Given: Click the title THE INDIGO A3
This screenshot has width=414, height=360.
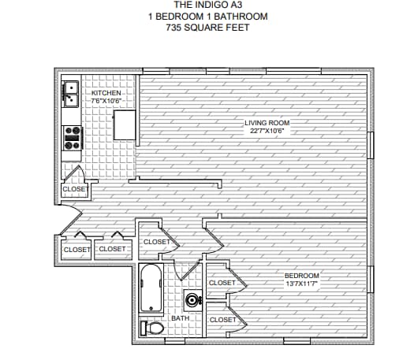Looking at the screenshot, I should coord(207,5).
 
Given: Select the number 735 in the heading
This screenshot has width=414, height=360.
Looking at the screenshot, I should coord(174,27).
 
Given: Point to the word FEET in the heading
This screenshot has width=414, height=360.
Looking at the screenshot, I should coord(237,27).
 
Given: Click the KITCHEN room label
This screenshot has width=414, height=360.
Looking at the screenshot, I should coord(106,93).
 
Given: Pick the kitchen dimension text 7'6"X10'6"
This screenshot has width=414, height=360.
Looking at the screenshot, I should coord(106,101).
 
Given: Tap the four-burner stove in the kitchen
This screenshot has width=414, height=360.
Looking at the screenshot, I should coord(73,138).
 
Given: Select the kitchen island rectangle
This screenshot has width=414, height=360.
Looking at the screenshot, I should coord(125,124).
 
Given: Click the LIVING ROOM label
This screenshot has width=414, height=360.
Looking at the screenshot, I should coord(268,123).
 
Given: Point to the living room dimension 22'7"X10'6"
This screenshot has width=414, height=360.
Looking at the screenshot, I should coord(268,131).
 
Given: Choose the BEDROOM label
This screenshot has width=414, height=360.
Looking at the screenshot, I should coord(302,275).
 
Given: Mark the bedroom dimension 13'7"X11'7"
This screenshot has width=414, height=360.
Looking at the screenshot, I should coord(302,283).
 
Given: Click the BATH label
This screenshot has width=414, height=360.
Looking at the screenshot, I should coord(180,317).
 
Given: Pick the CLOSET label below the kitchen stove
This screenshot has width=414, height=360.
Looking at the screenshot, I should coord(75,189).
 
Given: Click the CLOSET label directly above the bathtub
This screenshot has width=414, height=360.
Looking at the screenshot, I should coord(157,242).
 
